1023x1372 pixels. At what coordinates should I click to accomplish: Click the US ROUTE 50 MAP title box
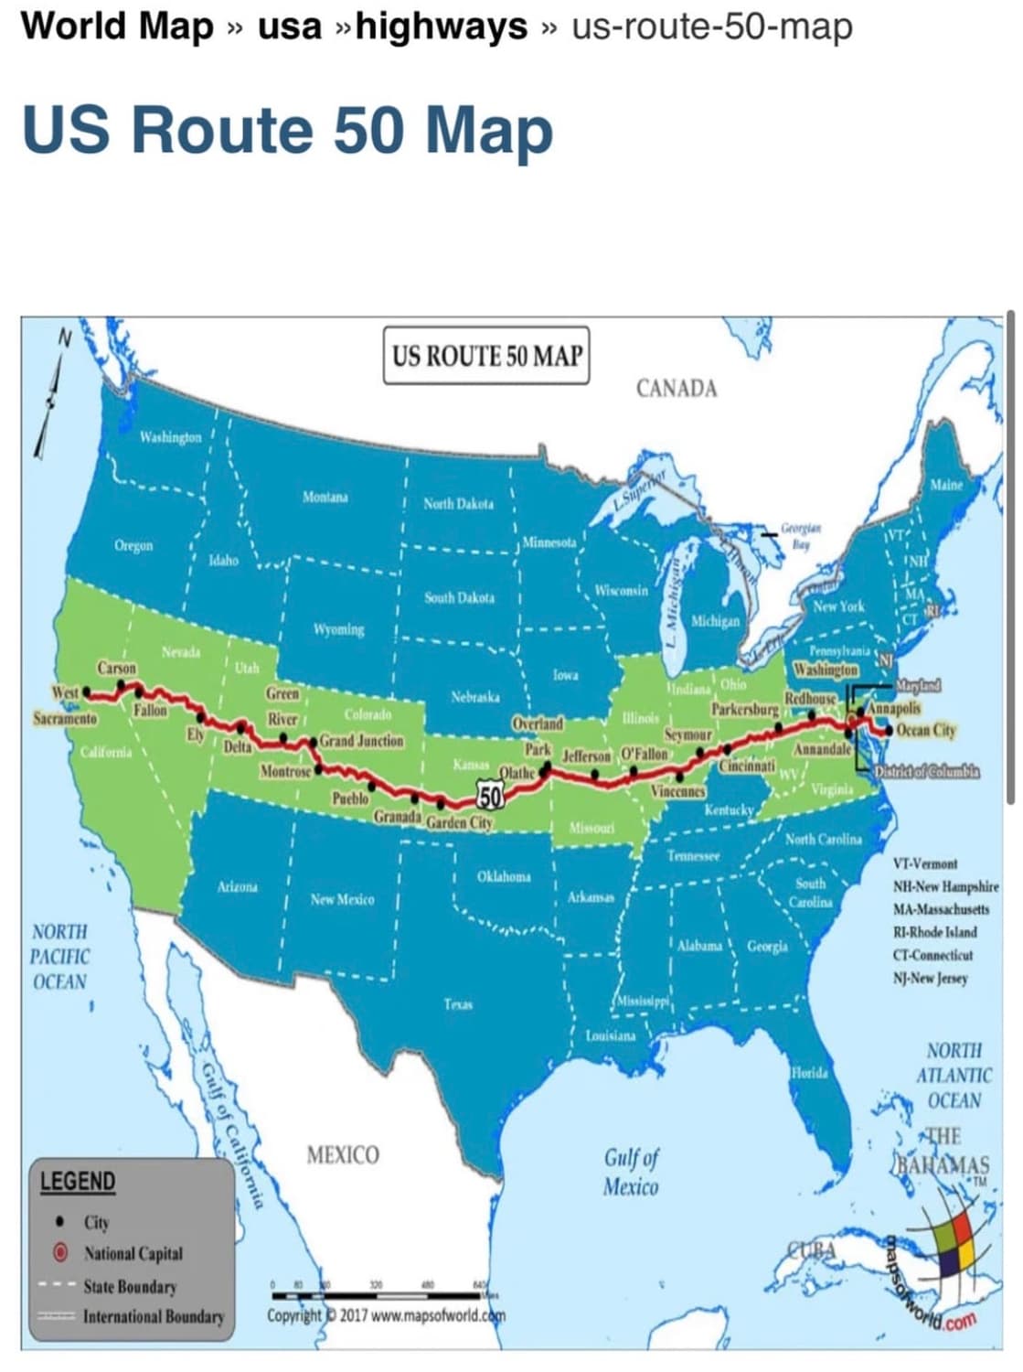pyautogui.click(x=485, y=355)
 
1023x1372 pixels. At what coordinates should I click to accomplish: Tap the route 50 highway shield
pyautogui.click(x=490, y=797)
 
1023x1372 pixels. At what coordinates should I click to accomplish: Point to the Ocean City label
pyautogui.click(x=925, y=730)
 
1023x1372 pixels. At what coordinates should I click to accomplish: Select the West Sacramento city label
pyautogui.click(x=64, y=705)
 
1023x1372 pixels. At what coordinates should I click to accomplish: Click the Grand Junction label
pyautogui.click(x=361, y=741)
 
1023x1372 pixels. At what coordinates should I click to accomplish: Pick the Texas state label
pyautogui.click(x=458, y=1004)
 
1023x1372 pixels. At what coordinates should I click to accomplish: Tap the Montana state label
pyautogui.click(x=325, y=498)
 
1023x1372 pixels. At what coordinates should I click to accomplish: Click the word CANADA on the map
pyautogui.click(x=676, y=389)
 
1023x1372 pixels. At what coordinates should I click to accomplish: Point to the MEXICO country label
pyautogui.click(x=343, y=1155)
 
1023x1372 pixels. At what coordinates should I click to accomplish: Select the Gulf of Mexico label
pyautogui.click(x=631, y=1173)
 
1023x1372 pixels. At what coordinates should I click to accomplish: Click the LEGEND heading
pyautogui.click(x=78, y=1182)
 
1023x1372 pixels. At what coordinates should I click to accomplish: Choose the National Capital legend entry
pyautogui.click(x=133, y=1253)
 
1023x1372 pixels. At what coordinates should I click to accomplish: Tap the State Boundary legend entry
pyautogui.click(x=129, y=1286)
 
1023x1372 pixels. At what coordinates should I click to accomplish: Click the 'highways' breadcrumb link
pyautogui.click(x=441, y=27)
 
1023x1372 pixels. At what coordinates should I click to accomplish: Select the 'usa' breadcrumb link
pyautogui.click(x=290, y=27)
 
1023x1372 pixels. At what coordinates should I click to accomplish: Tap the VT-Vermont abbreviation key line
pyautogui.click(x=924, y=863)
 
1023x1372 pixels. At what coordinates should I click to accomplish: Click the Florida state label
pyautogui.click(x=809, y=1072)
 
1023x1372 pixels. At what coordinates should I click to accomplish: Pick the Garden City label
pyautogui.click(x=459, y=822)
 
